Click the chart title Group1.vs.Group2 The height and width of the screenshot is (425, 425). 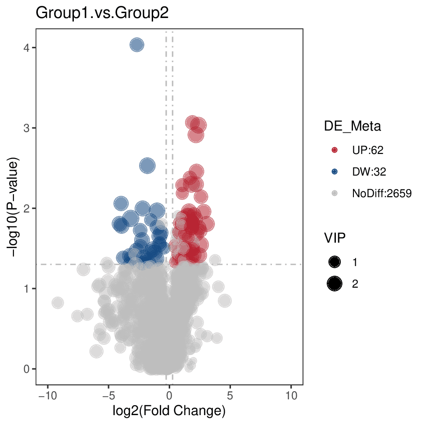click(102, 13)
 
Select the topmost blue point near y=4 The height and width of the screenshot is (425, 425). click(137, 45)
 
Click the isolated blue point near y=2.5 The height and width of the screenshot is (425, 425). click(147, 166)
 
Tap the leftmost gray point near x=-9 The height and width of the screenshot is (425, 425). click(58, 303)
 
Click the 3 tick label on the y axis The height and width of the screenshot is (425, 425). click(27, 128)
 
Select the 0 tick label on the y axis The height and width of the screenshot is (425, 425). click(27, 369)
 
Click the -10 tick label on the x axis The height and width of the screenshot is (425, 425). click(47, 396)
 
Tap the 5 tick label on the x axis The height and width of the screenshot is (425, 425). click(230, 396)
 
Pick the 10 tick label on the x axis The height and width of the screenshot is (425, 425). click(291, 396)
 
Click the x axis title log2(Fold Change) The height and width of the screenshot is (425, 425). click(169, 411)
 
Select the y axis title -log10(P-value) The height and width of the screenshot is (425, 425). click(13, 207)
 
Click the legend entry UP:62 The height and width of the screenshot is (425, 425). click(367, 150)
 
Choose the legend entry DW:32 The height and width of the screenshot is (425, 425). click(369, 172)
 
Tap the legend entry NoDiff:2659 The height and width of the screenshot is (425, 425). click(382, 193)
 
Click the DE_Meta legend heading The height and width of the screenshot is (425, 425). click(353, 126)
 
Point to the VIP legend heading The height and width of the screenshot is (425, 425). click(335, 238)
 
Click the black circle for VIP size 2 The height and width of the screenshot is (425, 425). click(335, 284)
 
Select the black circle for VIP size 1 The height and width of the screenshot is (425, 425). click(335, 262)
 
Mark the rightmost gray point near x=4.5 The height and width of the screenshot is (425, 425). click(225, 301)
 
